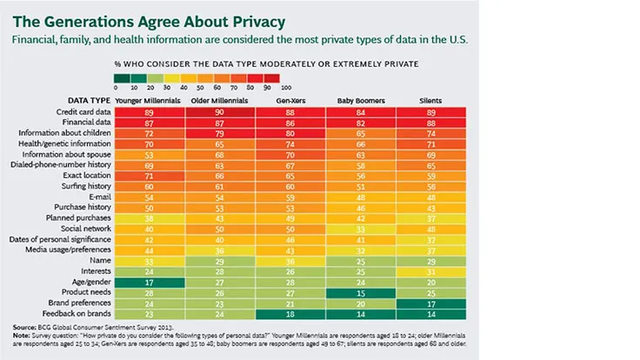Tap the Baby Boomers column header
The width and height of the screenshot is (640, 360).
(x=357, y=101)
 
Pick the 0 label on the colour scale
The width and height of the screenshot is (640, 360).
(x=116, y=88)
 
